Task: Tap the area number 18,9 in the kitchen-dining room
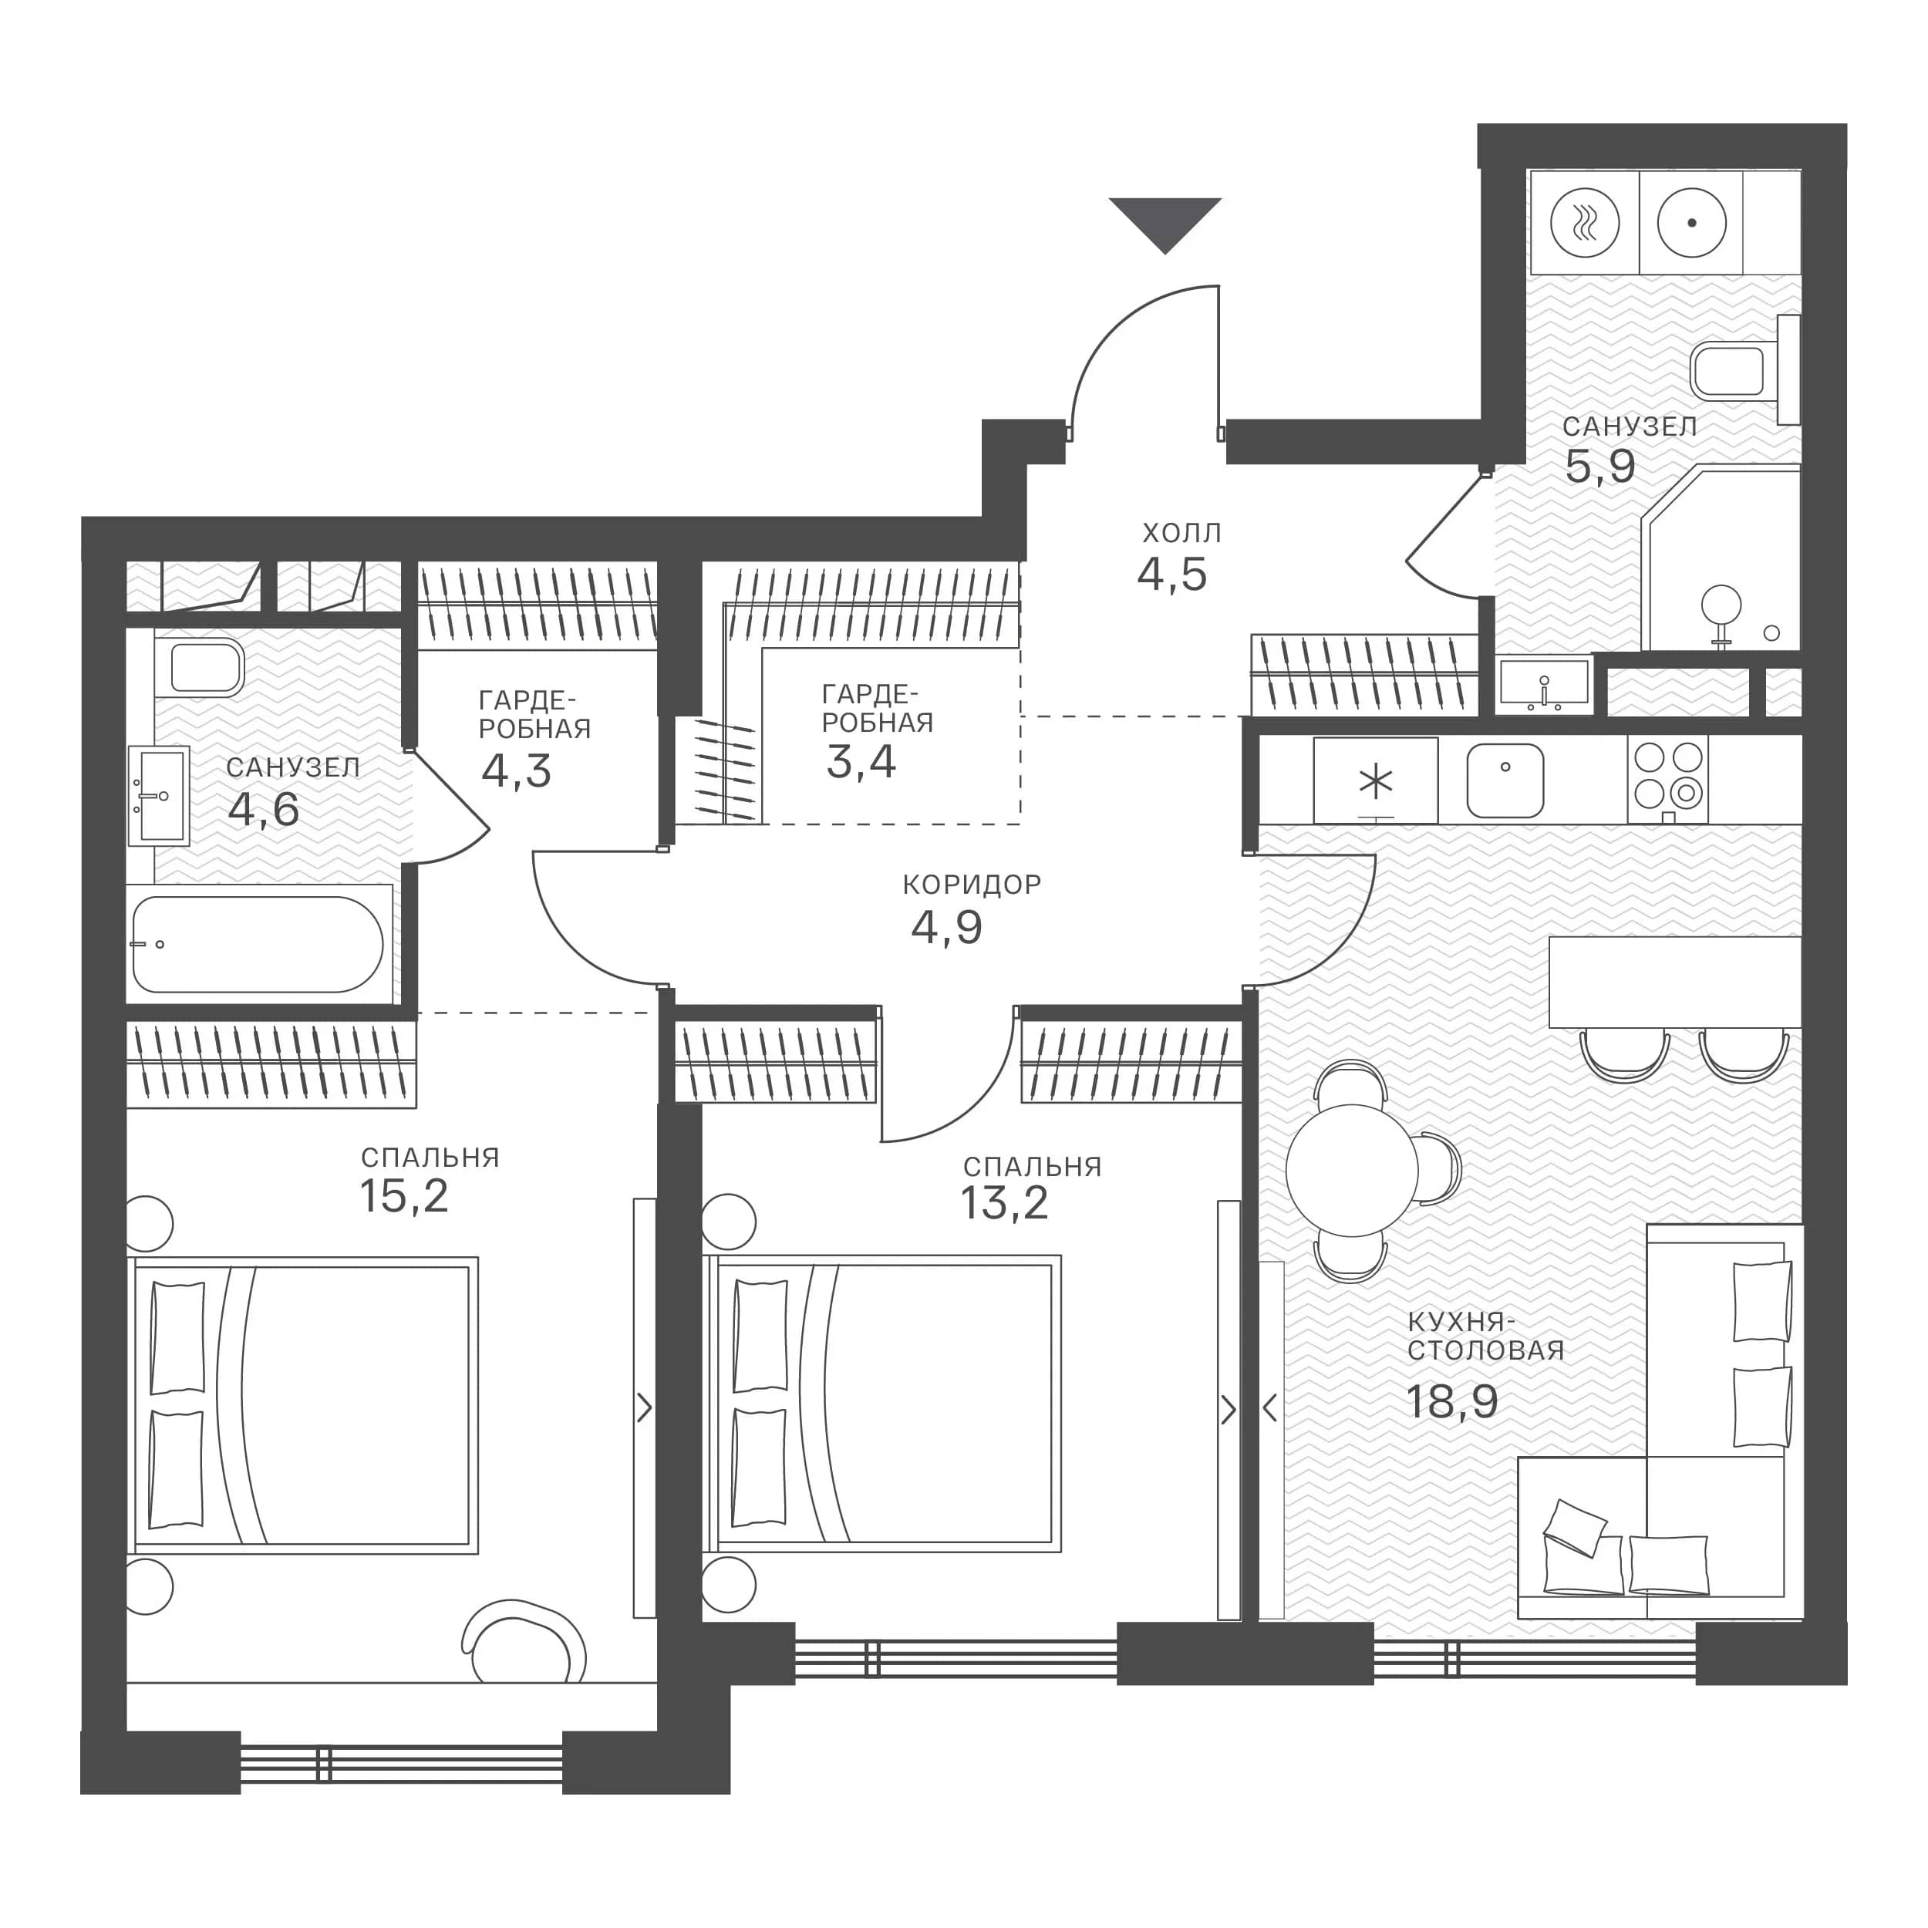pyautogui.click(x=1452, y=1402)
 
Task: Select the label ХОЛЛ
pyautogui.click(x=1181, y=533)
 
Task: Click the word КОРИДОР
pyautogui.click(x=972, y=884)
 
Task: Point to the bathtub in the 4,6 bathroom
pyautogui.click(x=258, y=944)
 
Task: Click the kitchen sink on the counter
pyautogui.click(x=1505, y=780)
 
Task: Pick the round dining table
pyautogui.click(x=1351, y=1171)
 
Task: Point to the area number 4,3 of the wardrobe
pyautogui.click(x=516, y=771)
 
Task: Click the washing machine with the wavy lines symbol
pyautogui.click(x=1585, y=224)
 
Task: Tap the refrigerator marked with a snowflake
pyautogui.click(x=1375, y=780)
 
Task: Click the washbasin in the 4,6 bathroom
pyautogui.click(x=160, y=795)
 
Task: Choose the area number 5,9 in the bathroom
pyautogui.click(x=1599, y=466)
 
